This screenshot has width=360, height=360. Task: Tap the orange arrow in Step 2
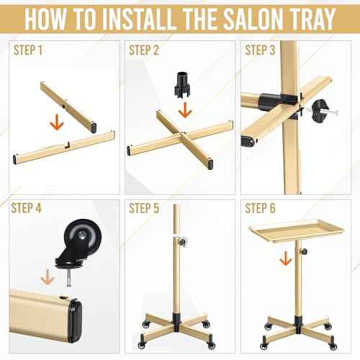pos(184,109)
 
